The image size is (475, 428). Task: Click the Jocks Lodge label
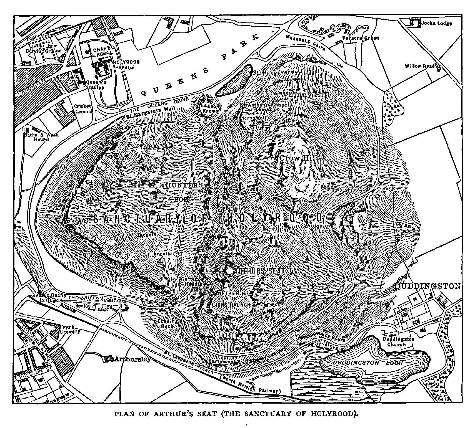click(436, 24)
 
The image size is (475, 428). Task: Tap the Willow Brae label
click(420, 67)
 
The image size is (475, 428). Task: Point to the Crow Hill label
click(298, 158)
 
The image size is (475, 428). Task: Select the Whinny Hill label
click(305, 95)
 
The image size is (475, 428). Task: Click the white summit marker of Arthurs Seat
click(229, 270)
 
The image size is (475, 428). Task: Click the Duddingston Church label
click(398, 341)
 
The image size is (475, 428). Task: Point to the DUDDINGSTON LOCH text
click(368, 363)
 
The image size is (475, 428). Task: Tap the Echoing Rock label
click(167, 324)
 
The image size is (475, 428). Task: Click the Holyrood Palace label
click(127, 64)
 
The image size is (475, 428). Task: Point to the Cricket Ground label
click(83, 109)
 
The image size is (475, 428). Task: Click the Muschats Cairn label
click(305, 43)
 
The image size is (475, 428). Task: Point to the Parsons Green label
click(360, 38)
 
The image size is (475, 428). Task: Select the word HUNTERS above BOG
click(184, 185)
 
